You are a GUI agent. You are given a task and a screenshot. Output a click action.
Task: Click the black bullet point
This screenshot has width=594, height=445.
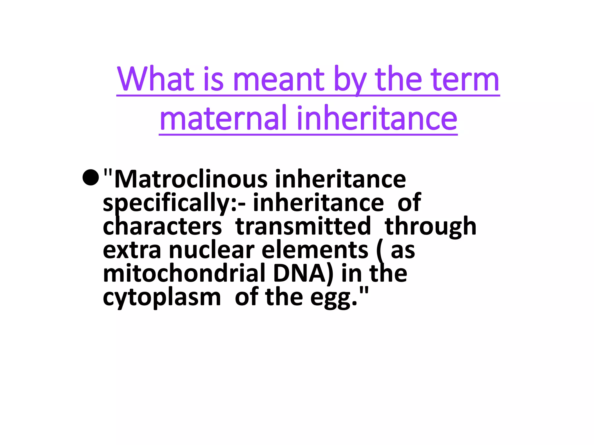click(x=91, y=177)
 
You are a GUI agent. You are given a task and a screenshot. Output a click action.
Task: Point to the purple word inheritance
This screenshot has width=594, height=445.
click(x=377, y=118)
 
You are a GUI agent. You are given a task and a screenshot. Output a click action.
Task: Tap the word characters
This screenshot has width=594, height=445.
click(x=162, y=226)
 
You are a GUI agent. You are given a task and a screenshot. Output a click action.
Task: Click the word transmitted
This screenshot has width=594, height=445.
click(x=303, y=226)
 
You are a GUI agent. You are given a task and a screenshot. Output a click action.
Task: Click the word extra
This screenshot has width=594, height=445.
click(x=132, y=250)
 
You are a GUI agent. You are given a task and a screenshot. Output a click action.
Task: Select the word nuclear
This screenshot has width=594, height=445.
click(x=212, y=250)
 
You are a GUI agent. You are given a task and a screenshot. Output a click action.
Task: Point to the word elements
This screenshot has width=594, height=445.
click(x=315, y=250)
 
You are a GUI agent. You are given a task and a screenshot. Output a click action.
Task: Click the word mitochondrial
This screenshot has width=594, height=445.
click(x=184, y=273)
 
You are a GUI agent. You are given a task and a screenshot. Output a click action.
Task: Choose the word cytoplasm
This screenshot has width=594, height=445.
click(x=162, y=298)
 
